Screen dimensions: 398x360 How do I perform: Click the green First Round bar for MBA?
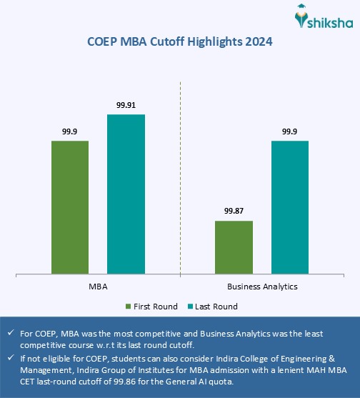point(70,207)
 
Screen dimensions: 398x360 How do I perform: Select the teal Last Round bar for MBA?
point(126,194)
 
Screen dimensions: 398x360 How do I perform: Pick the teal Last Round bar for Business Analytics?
point(289,207)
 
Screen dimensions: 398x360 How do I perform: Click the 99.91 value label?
point(126,105)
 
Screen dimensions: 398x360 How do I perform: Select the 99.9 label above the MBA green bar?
point(70,131)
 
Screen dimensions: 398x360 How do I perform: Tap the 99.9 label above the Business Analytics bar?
point(289,131)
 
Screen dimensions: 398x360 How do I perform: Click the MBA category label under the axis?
point(99,286)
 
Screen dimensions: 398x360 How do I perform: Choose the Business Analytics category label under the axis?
point(262,286)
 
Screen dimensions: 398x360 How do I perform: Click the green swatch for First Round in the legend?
point(128,307)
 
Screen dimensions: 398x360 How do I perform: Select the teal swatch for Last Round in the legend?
point(189,307)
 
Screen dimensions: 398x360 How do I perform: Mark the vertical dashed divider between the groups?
point(180,179)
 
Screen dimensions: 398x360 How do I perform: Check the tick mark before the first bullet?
point(9,333)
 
